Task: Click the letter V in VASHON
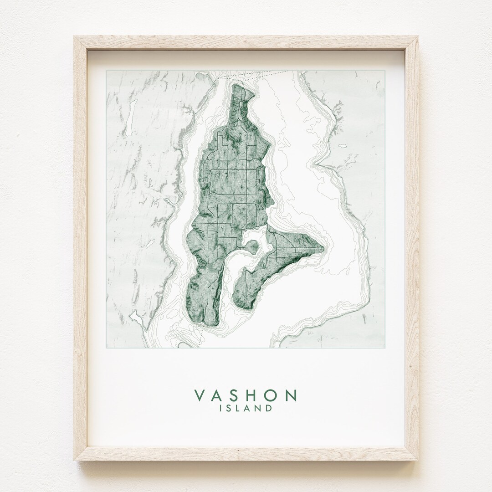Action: [200, 395]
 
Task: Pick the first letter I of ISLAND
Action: [221, 408]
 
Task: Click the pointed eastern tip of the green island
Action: [323, 249]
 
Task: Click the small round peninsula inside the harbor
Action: [252, 247]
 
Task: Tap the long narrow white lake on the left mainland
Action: [129, 118]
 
